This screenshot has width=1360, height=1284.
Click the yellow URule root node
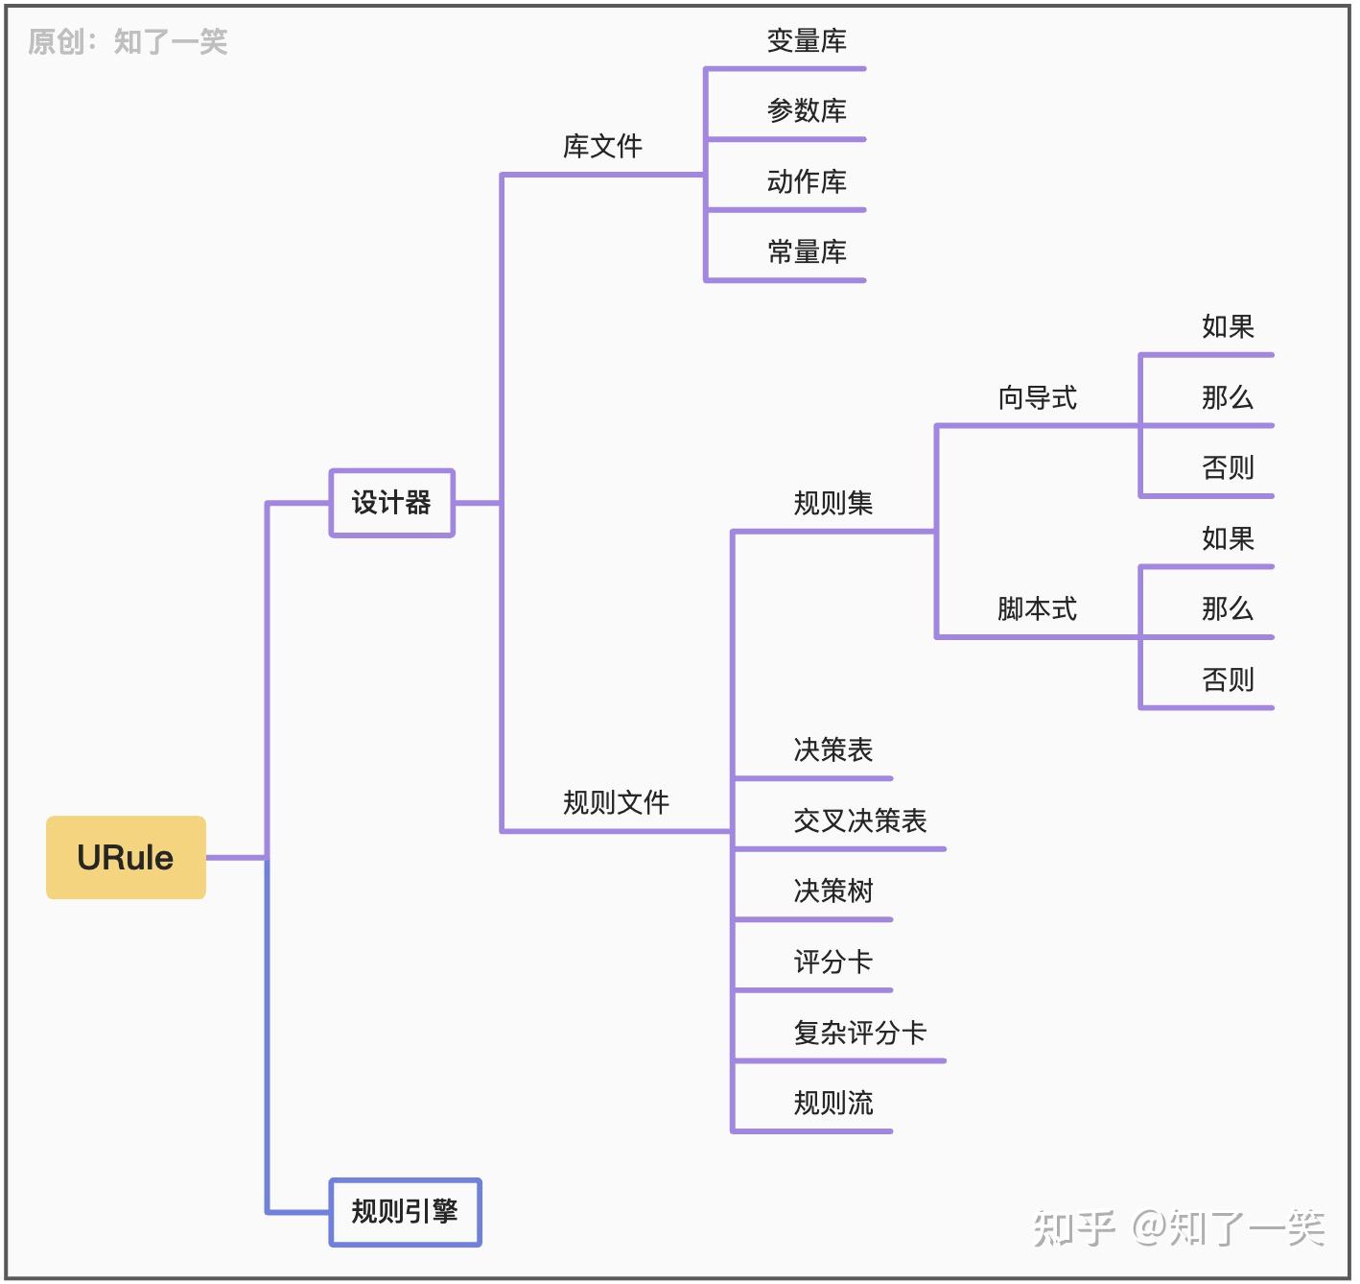(x=126, y=857)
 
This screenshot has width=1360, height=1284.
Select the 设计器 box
(x=391, y=503)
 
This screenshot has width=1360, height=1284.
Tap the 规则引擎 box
(x=405, y=1212)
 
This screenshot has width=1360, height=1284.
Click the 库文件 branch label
(x=602, y=147)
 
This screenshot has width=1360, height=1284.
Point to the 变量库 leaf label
(x=807, y=41)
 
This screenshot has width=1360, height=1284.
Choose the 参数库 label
(x=807, y=111)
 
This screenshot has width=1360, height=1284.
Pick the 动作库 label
(x=807, y=181)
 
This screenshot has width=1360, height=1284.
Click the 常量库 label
(x=807, y=252)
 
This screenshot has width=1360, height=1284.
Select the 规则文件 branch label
(x=616, y=802)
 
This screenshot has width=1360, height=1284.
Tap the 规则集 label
(x=832, y=503)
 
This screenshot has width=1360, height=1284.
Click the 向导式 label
(x=1037, y=397)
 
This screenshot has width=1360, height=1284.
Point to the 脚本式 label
(x=1037, y=609)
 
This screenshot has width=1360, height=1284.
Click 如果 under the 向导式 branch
(x=1228, y=327)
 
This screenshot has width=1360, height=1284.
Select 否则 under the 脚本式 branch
(x=1228, y=680)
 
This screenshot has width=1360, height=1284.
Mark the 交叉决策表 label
(x=859, y=821)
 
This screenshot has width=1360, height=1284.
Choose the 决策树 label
(x=832, y=892)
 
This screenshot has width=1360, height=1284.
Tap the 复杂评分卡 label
(x=859, y=1034)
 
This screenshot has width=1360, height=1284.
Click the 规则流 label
(x=832, y=1104)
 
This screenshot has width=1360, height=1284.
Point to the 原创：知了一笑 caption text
(x=128, y=42)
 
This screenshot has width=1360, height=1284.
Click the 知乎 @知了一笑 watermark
(x=1179, y=1228)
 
